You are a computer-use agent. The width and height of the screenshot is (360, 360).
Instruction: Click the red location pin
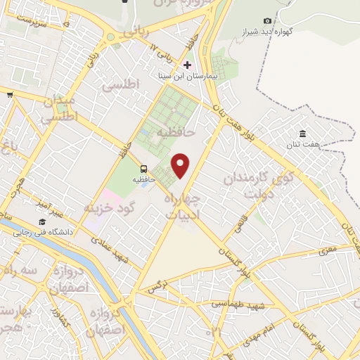click(181, 165)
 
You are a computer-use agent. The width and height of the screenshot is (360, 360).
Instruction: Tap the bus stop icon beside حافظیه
click(144, 169)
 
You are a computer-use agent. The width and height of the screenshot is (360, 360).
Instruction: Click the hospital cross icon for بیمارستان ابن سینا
click(187, 65)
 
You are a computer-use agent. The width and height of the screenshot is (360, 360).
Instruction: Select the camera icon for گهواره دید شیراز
click(267, 21)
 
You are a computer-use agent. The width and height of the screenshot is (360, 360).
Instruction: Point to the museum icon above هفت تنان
click(302, 134)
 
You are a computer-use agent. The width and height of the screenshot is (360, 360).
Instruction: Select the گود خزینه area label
click(108, 208)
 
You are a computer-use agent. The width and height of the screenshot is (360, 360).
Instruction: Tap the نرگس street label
click(158, 287)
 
